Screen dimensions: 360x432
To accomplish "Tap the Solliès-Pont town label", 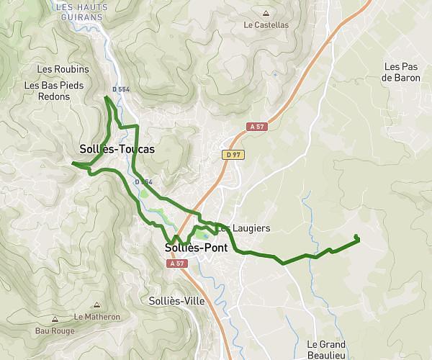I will pos(196,248).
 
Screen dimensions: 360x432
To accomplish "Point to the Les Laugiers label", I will pos(245,228).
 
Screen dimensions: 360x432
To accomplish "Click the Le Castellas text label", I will pos(266,24).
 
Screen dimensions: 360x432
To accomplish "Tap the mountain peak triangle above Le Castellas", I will pos(266,13).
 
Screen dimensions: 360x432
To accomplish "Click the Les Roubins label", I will pos(62,69).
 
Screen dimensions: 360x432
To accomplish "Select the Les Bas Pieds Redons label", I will pos(53,90).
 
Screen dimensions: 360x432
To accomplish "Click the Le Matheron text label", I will pos(96,317).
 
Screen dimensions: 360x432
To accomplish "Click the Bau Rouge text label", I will pos(55,331).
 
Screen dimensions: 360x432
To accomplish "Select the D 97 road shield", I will pos(232,154).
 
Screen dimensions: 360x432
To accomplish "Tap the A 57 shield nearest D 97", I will pos(256,127).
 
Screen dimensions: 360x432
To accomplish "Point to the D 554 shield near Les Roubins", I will pos(120,89).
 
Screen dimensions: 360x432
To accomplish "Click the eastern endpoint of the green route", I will pos(356,238).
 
